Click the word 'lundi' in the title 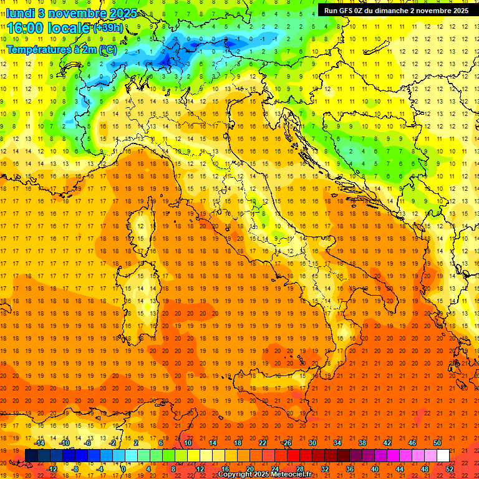coord(20,12)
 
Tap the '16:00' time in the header coord(26,28)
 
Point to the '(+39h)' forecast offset coord(108,28)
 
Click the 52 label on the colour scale coord(450,469)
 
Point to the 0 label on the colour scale coord(123,469)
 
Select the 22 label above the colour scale coord(262,443)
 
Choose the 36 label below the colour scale coord(350,469)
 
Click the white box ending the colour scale coord(443,456)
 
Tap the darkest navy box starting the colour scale coord(31,456)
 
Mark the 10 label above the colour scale coord(187,443)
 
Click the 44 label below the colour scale coord(400,469)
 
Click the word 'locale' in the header coord(69,28)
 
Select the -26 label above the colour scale coord(286,443)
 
